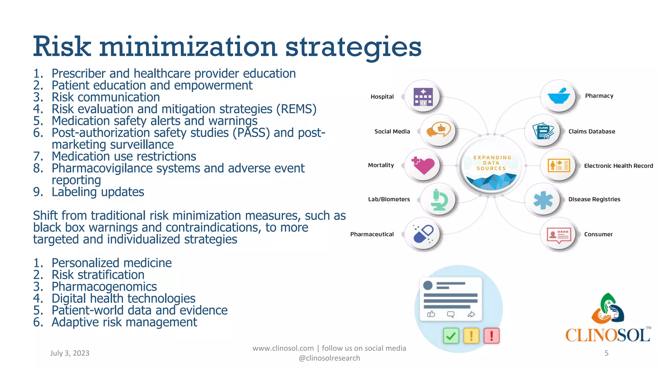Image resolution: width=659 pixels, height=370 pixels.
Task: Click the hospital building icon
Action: [x=423, y=97]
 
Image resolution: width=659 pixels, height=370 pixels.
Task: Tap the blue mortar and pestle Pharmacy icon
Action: [x=559, y=96]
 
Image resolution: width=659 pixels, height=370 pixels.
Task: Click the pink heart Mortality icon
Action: [x=423, y=165]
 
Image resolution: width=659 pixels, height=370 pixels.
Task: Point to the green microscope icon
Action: [x=439, y=200]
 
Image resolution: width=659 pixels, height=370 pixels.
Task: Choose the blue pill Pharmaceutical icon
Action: [x=423, y=234]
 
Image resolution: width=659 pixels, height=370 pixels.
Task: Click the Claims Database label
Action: [x=591, y=131]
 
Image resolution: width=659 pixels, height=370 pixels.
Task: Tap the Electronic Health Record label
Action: [x=618, y=166]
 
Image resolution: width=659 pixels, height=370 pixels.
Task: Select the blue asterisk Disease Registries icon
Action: [x=543, y=200]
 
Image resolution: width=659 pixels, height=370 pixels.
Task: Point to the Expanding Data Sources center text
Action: [x=492, y=163]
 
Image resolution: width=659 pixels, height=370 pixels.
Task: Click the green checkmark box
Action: [x=451, y=336]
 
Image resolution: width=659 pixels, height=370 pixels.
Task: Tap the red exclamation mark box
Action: [x=491, y=336]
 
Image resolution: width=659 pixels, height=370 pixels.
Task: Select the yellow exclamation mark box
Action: [x=471, y=336]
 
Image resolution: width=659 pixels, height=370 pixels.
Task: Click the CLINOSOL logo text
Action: [x=608, y=335]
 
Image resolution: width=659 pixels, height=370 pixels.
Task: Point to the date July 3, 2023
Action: [x=70, y=353]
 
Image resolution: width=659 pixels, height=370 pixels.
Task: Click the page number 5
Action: [x=606, y=353]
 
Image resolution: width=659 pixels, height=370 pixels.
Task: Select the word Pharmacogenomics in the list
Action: [x=104, y=286]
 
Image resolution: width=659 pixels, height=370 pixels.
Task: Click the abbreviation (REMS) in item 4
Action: [x=296, y=109]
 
